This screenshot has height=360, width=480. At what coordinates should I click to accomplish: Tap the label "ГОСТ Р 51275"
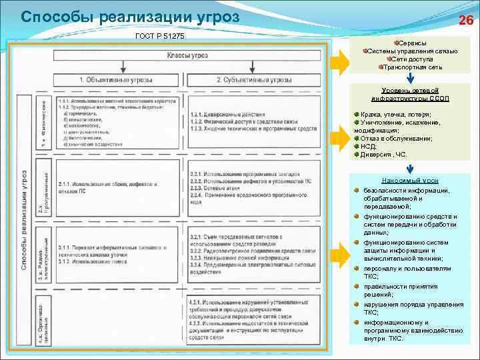pyautogui.click(x=159, y=35)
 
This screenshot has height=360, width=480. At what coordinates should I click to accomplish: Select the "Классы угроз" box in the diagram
pyautogui.click(x=186, y=54)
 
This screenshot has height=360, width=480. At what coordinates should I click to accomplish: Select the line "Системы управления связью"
pyautogui.click(x=412, y=51)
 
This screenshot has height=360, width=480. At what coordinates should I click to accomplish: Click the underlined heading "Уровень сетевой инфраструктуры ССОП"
pyautogui.click(x=410, y=94)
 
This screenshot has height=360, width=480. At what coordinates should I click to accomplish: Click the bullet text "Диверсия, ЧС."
pyautogui.click(x=384, y=154)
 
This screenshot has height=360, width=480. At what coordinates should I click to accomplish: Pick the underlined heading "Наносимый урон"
pyautogui.click(x=410, y=180)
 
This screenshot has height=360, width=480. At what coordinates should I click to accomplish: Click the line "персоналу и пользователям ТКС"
pyautogui.click(x=407, y=273)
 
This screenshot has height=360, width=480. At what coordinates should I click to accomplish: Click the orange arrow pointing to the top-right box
pyautogui.click(x=339, y=63)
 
